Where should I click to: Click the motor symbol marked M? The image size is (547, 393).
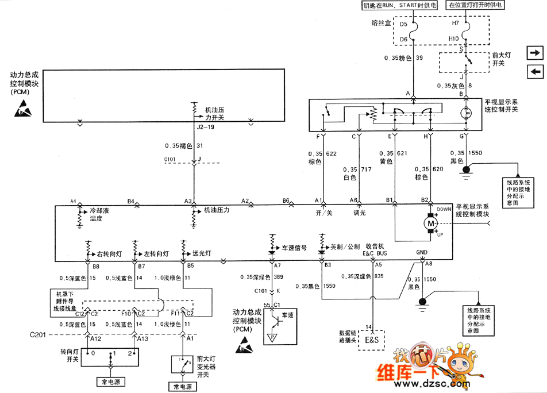point(430,222)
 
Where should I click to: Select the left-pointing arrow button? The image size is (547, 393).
point(535,71)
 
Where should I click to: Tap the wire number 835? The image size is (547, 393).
point(379,276)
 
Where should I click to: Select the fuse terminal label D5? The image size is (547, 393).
point(403,25)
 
